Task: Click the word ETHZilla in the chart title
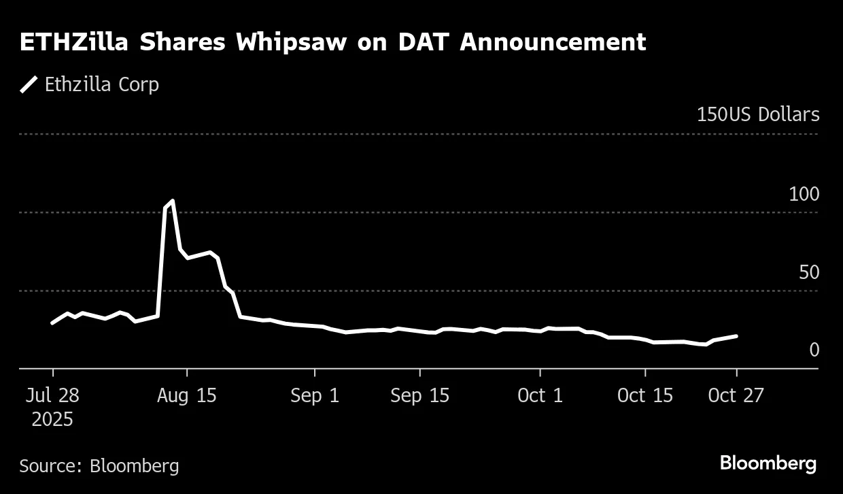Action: coord(74,42)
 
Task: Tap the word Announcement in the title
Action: coord(552,42)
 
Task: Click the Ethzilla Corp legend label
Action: coord(101,84)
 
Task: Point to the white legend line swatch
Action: coord(29,84)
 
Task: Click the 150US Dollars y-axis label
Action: coord(757,114)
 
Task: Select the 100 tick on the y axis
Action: coord(804,194)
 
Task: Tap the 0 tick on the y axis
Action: coord(814,350)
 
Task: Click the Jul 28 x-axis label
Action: coord(52,395)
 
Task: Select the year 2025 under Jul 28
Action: coord(52,419)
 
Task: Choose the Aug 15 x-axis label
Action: coord(187,395)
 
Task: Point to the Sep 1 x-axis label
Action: coord(315,395)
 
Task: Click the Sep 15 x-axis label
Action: coord(419,395)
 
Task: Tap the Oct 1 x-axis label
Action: coord(540,395)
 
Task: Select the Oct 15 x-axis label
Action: coord(644,395)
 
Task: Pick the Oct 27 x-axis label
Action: coord(736,395)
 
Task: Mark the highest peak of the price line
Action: coord(172,201)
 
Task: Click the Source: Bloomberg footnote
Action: coord(99,466)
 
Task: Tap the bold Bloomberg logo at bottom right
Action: coord(768,464)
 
